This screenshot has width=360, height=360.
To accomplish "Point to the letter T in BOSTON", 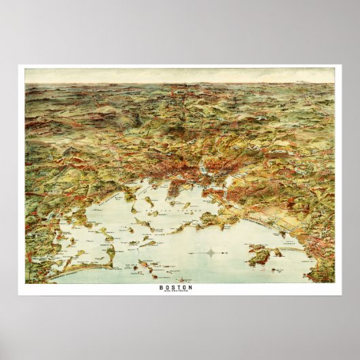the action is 181,287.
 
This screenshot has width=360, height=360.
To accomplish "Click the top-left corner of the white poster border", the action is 19,65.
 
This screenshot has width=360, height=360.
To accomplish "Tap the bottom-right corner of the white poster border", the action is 341,295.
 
